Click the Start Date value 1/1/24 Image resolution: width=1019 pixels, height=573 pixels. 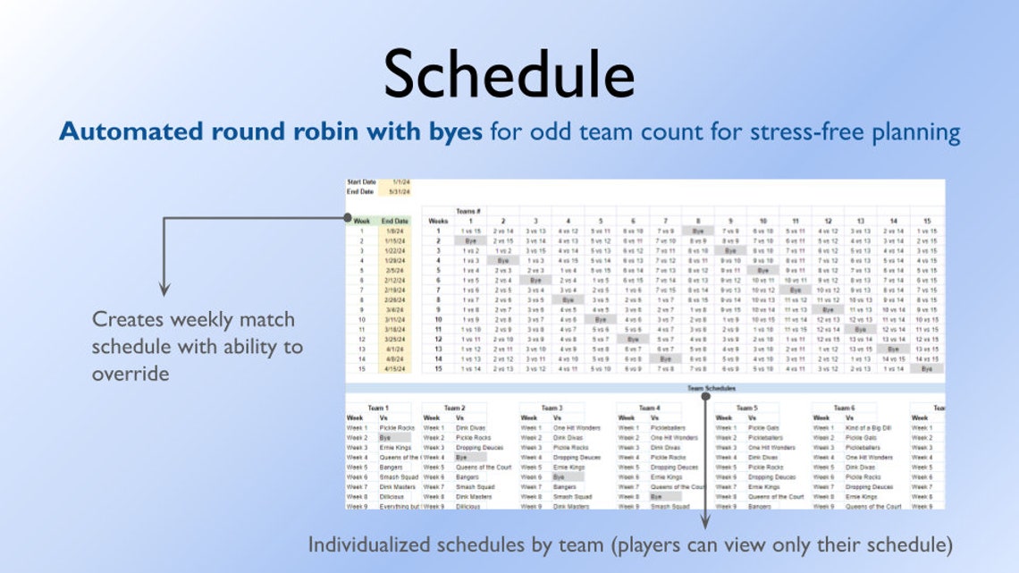(399, 182)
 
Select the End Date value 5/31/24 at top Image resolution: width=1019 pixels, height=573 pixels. (399, 191)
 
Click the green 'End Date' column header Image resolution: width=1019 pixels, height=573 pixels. (395, 220)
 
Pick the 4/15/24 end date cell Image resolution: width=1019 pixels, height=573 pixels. (395, 368)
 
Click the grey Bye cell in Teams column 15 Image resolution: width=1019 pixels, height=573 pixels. (927, 368)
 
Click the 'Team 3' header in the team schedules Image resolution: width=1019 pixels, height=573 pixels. (552, 408)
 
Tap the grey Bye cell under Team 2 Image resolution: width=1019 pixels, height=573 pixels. (461, 457)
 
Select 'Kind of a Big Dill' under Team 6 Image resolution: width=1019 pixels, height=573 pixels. (868, 428)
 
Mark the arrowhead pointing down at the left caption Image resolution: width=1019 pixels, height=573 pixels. (164, 290)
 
